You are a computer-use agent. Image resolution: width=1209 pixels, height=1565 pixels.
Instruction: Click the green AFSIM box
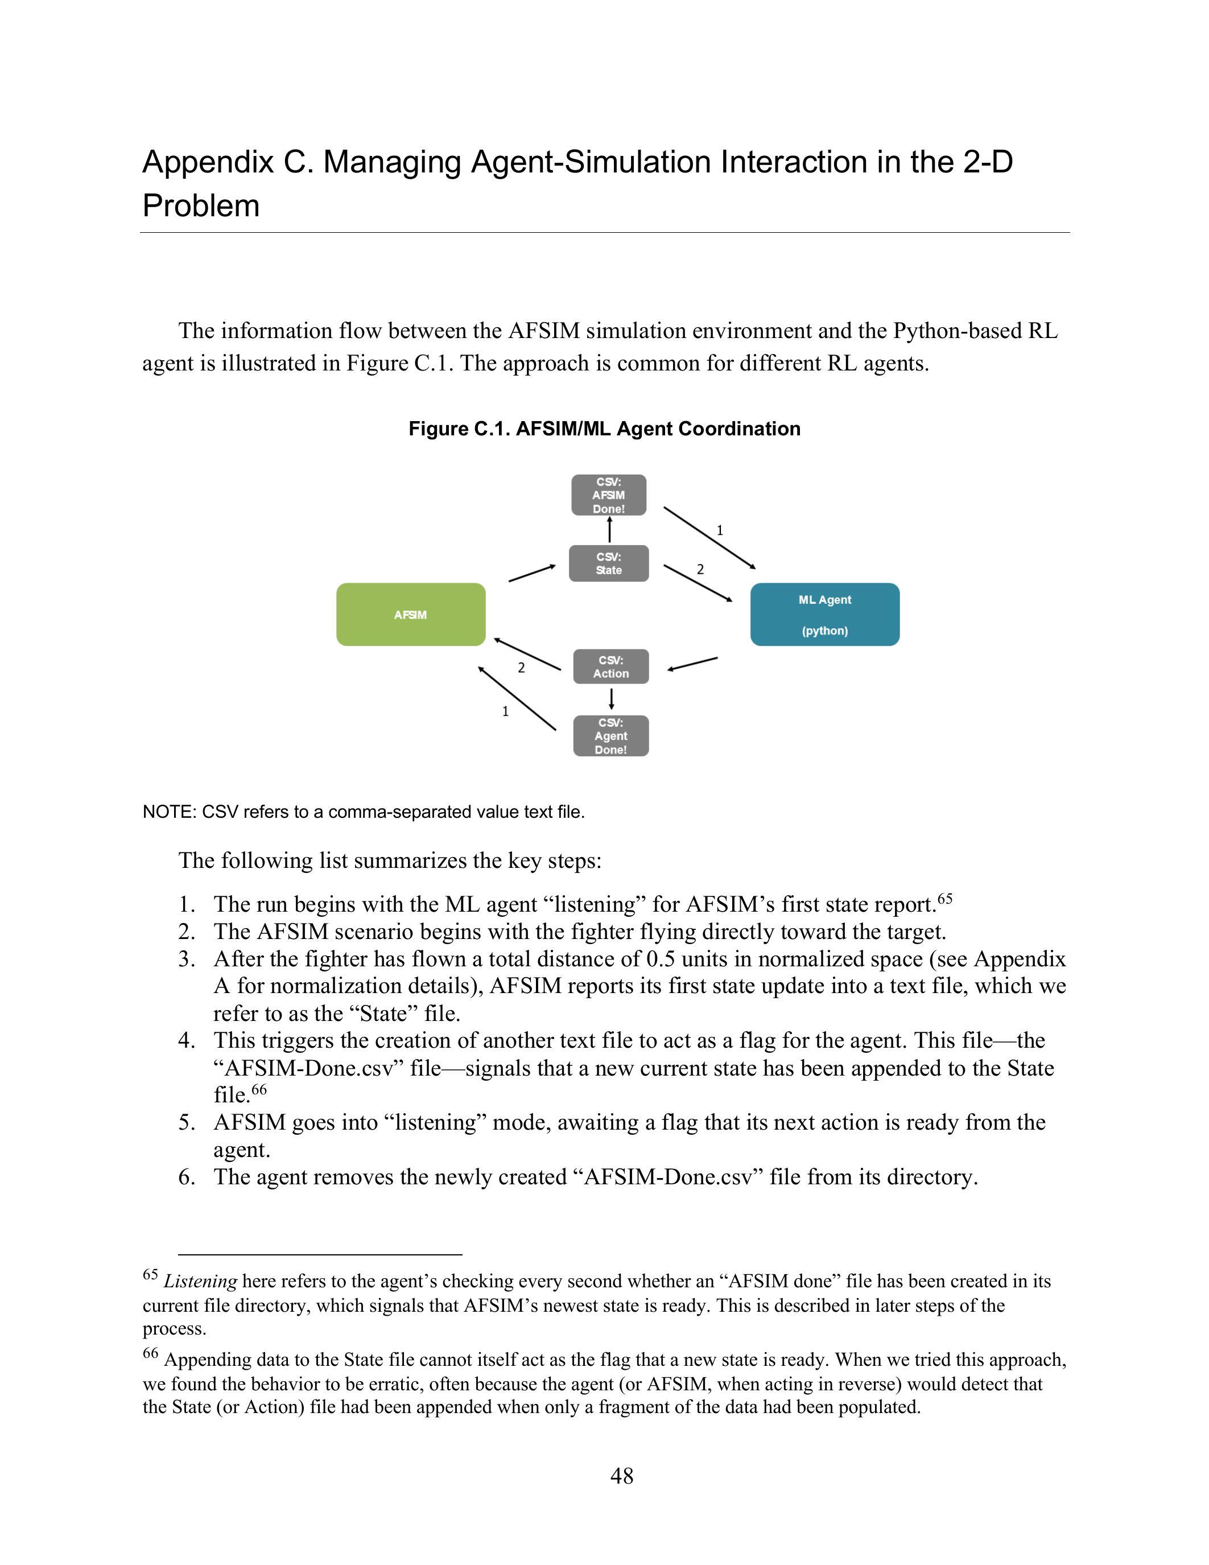pos(410,614)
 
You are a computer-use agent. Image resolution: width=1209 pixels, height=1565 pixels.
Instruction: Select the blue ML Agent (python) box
pos(824,614)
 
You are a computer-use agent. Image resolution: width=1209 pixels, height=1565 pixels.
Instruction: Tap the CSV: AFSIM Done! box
pos(608,495)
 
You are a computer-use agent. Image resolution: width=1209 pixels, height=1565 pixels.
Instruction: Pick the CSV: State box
pos(608,563)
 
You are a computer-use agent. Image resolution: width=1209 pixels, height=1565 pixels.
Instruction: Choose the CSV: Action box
pos(610,666)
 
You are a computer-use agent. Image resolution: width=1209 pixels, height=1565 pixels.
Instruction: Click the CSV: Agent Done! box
pos(610,736)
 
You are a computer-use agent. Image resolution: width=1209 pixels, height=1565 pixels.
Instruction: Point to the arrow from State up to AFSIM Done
pos(609,530)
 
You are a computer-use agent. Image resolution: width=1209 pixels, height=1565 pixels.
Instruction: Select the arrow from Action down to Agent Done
pos(611,699)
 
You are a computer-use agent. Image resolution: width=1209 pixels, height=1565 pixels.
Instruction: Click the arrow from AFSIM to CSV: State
pos(531,573)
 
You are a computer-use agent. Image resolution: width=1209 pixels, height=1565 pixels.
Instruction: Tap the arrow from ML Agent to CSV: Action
pos(692,664)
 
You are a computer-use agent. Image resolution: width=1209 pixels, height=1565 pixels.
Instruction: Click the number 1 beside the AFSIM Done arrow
pos(720,530)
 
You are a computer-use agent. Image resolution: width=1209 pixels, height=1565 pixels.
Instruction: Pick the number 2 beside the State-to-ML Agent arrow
pos(700,570)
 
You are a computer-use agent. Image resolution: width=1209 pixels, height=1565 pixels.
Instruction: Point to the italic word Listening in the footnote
pos(200,1280)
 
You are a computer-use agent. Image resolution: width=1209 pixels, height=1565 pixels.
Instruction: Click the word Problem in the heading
pos(200,205)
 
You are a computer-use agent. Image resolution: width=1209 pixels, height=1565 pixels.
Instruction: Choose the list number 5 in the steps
pos(186,1122)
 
